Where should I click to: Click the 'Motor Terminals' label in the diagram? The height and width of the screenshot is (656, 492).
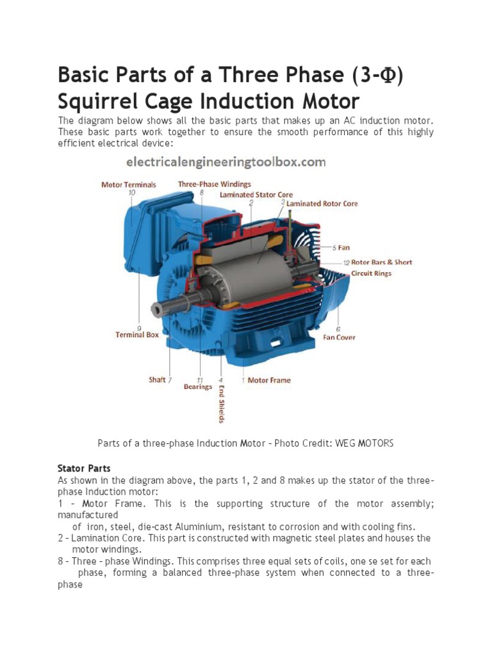click(128, 184)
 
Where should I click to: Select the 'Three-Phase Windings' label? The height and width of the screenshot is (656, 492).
click(215, 184)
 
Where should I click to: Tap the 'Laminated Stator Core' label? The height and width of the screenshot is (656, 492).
click(256, 194)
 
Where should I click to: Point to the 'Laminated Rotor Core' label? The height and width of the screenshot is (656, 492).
click(322, 204)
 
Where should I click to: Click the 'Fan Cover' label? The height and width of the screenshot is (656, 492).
click(339, 337)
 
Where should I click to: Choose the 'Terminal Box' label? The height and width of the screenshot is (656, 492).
click(137, 334)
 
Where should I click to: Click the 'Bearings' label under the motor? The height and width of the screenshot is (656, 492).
click(198, 387)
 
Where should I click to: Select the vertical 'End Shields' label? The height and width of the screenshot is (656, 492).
click(222, 404)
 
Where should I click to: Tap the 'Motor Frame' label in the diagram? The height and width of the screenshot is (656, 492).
click(269, 380)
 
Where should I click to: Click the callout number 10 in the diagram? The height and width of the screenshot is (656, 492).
click(131, 192)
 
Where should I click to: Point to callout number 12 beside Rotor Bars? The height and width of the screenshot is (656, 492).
click(346, 262)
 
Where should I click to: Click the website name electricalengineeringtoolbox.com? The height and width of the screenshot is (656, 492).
click(226, 162)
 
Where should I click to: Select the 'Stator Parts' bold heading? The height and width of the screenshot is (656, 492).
click(84, 468)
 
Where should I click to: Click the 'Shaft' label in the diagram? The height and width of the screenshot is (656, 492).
click(157, 380)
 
